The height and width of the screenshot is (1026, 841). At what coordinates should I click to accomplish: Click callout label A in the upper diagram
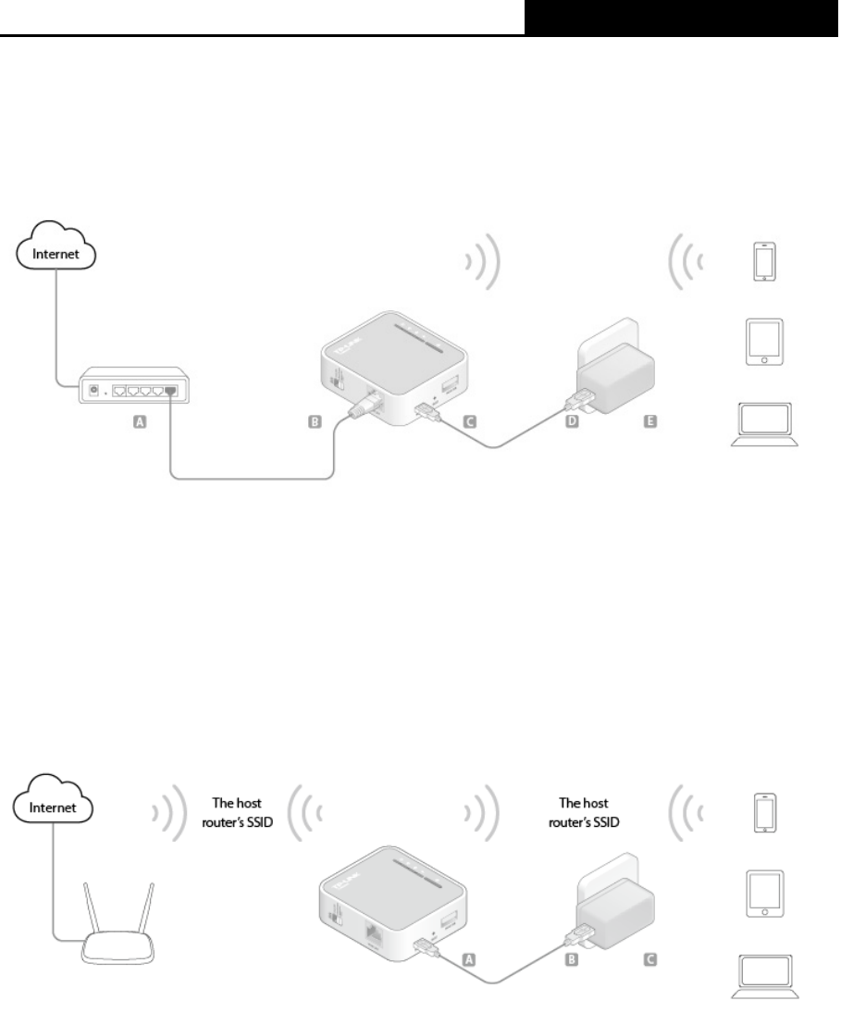click(140, 421)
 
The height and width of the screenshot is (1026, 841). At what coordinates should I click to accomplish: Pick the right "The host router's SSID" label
click(584, 813)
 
